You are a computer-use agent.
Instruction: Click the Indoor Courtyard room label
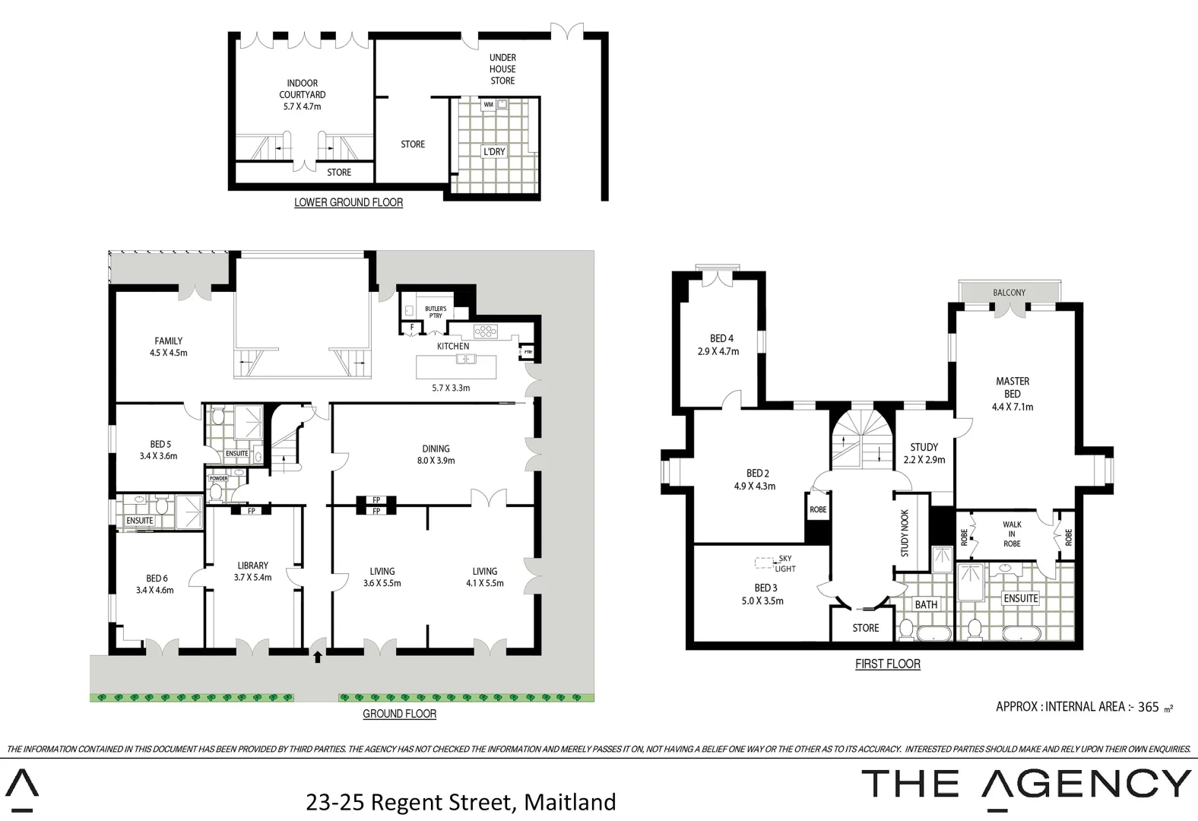(x=302, y=94)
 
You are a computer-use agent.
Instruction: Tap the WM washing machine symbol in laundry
(x=488, y=105)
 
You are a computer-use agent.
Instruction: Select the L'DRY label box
(x=494, y=151)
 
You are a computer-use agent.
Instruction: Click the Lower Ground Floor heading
(x=348, y=202)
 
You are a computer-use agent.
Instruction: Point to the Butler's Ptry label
(x=435, y=311)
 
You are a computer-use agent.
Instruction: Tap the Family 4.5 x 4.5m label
(x=169, y=347)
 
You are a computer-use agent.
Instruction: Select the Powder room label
(x=218, y=479)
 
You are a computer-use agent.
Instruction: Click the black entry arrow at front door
(x=317, y=657)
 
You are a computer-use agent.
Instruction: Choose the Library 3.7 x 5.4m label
(x=252, y=571)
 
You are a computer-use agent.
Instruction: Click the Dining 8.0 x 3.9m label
(x=436, y=454)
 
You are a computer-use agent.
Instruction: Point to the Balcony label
(x=1009, y=293)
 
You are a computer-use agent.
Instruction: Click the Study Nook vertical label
(x=905, y=533)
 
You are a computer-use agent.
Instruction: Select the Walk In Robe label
(x=1012, y=534)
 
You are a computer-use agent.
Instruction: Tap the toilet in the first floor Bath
(x=906, y=629)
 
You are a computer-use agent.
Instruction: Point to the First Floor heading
(x=887, y=664)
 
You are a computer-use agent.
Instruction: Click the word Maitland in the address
(x=570, y=802)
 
